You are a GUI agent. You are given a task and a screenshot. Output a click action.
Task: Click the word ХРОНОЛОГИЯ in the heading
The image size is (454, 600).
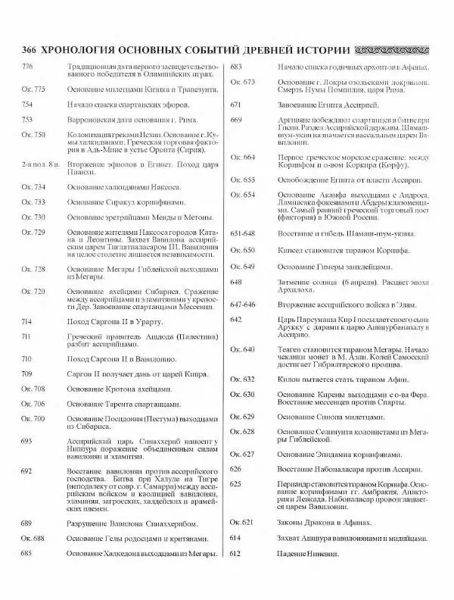click(x=84, y=50)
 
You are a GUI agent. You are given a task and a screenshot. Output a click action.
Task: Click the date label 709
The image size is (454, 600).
click(x=26, y=374)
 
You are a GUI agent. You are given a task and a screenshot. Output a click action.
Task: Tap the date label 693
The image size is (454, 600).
click(x=26, y=440)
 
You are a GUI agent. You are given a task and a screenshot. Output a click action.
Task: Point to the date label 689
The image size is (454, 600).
click(x=26, y=523)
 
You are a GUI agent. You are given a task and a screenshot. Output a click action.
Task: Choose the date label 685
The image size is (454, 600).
click(x=26, y=553)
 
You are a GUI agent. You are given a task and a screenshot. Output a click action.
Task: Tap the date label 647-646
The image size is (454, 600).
click(x=243, y=303)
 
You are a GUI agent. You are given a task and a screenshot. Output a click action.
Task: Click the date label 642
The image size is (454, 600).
click(x=235, y=319)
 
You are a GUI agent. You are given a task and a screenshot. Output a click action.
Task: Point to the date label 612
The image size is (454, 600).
click(x=235, y=553)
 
